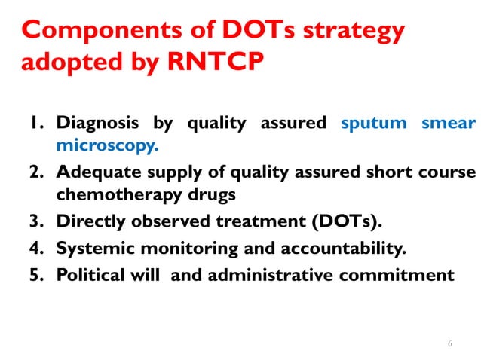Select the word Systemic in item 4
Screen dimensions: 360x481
pyautogui.click(x=93, y=249)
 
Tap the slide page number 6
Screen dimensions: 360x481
pyautogui.click(x=450, y=343)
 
